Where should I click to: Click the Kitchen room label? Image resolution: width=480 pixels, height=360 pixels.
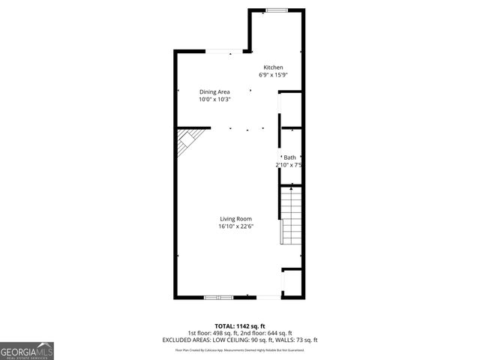click(x=272, y=67)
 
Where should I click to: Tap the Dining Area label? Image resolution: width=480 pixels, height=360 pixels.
click(x=214, y=91)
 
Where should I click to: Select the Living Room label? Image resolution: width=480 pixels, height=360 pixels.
click(x=235, y=219)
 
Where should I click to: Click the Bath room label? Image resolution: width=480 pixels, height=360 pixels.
click(x=289, y=157)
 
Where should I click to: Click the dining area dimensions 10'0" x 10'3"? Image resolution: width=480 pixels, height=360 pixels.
click(x=214, y=99)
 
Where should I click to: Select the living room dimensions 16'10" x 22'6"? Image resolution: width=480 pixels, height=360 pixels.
click(x=235, y=226)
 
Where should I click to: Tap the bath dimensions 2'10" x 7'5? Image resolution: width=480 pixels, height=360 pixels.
click(x=289, y=165)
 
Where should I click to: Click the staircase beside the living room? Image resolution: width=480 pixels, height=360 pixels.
click(x=291, y=216)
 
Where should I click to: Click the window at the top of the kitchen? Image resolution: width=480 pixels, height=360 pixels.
click(x=277, y=10)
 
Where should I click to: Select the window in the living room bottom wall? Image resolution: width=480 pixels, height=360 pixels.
click(x=219, y=298)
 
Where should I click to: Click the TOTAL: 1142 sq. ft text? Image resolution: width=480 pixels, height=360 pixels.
click(x=239, y=327)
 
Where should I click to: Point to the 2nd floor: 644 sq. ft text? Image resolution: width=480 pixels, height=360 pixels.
click(x=268, y=333)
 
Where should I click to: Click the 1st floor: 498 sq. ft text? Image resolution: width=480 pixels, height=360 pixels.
click(x=212, y=333)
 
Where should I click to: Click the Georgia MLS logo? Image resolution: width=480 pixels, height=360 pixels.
click(x=26, y=350)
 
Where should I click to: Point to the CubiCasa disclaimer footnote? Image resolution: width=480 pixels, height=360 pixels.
click(x=244, y=349)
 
